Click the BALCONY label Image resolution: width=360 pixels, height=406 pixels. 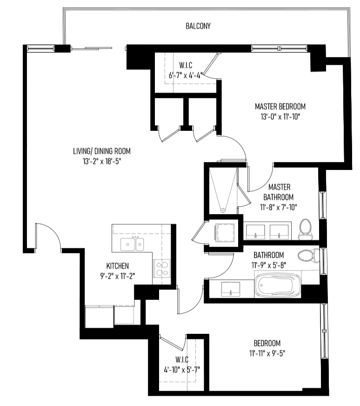(198, 26)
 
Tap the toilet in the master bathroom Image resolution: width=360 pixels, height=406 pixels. (306, 230)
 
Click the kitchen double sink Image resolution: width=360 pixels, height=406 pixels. (133, 244)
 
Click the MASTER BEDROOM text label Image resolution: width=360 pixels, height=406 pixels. (280, 107)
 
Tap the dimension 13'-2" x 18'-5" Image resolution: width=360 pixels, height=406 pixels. (102, 161)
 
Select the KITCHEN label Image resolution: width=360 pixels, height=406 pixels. (117, 266)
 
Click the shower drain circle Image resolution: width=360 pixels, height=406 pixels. (223, 210)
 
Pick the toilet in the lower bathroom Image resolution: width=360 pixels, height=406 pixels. (308, 256)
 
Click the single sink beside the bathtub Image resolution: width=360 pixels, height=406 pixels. (231, 289)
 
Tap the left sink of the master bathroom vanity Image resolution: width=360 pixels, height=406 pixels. (255, 232)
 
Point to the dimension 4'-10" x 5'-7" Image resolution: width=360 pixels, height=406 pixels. (182, 370)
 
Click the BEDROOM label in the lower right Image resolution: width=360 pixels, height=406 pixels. (267, 343)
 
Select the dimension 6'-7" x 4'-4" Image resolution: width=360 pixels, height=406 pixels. (186, 75)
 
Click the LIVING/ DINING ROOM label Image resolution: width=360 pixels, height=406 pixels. (102, 151)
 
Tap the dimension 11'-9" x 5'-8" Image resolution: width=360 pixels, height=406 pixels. (269, 265)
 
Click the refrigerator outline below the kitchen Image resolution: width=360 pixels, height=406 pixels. (100, 317)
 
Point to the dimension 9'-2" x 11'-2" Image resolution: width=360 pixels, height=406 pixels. (118, 276)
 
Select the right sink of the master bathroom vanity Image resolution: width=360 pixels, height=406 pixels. (279, 232)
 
